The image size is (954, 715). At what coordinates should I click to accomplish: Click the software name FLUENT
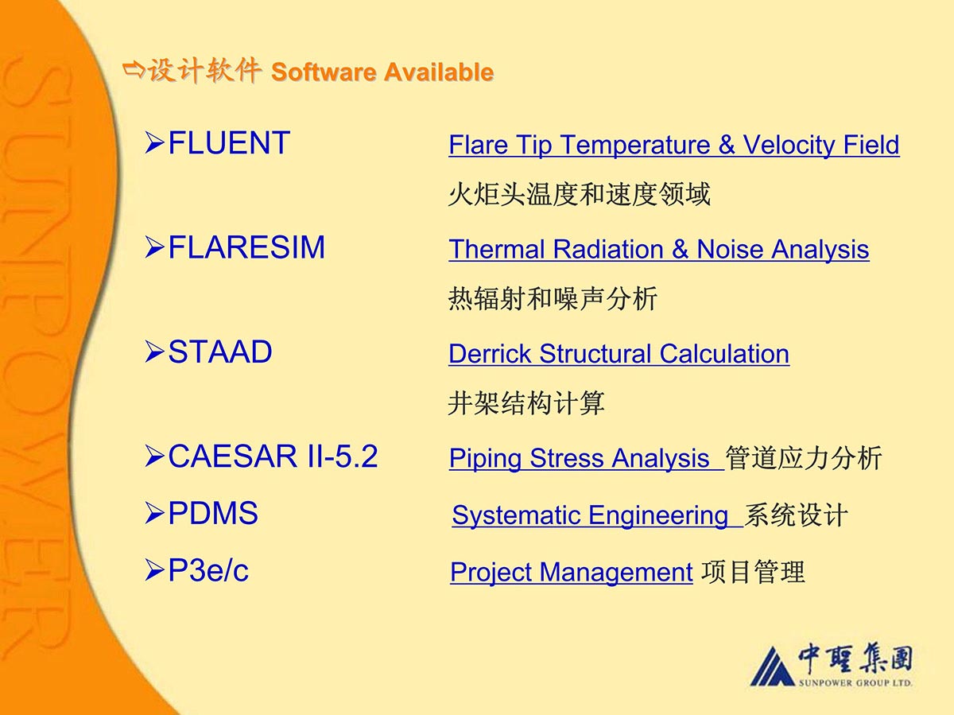pos(229,142)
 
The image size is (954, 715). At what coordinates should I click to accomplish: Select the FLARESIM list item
pos(246,247)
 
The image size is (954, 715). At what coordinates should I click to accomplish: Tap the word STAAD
pos(220,352)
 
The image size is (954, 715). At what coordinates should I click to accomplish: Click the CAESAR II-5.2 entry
pos(273,456)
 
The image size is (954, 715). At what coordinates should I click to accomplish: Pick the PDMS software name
pos(213,513)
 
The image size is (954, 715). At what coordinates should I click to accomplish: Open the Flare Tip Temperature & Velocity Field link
pos(674,145)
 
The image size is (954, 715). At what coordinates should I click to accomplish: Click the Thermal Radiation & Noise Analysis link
pos(659,250)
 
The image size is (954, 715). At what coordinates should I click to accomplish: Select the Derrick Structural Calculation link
pos(619,354)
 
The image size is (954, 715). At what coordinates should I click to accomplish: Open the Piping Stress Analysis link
pos(587,459)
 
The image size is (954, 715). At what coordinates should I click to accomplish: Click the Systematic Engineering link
pos(598,516)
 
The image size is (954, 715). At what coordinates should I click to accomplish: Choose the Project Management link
pos(572,573)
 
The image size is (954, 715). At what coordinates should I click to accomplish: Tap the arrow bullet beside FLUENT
pos(155,143)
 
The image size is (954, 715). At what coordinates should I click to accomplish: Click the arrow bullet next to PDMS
pos(155,513)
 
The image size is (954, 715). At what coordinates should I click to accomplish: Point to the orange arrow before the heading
pos(134,70)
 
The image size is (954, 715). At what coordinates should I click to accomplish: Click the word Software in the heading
pos(324,72)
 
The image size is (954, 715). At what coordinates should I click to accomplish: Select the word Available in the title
pos(439,72)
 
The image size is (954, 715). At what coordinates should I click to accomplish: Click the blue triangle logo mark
pos(772,666)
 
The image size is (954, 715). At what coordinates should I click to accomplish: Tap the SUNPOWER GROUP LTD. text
pos(855,683)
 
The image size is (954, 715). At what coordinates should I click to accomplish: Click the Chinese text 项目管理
pos(753,573)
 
